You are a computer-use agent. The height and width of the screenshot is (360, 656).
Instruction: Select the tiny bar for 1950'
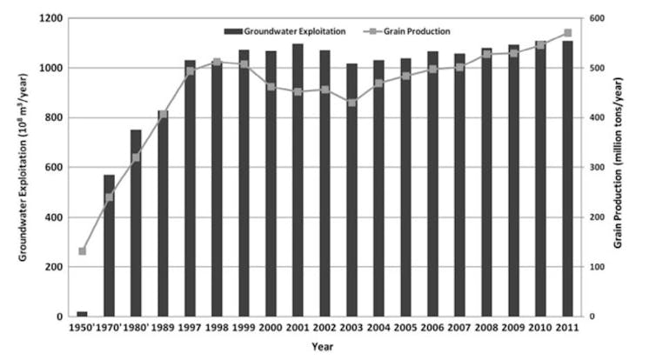tap(82, 313)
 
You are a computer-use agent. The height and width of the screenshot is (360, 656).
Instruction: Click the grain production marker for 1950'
tap(82, 251)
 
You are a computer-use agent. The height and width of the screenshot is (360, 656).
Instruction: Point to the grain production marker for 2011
tap(567, 33)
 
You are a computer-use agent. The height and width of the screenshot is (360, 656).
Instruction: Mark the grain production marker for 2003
tap(351, 102)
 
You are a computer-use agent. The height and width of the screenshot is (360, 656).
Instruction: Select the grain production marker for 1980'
tap(136, 157)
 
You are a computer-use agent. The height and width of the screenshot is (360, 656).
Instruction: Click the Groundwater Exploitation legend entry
tap(285, 31)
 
